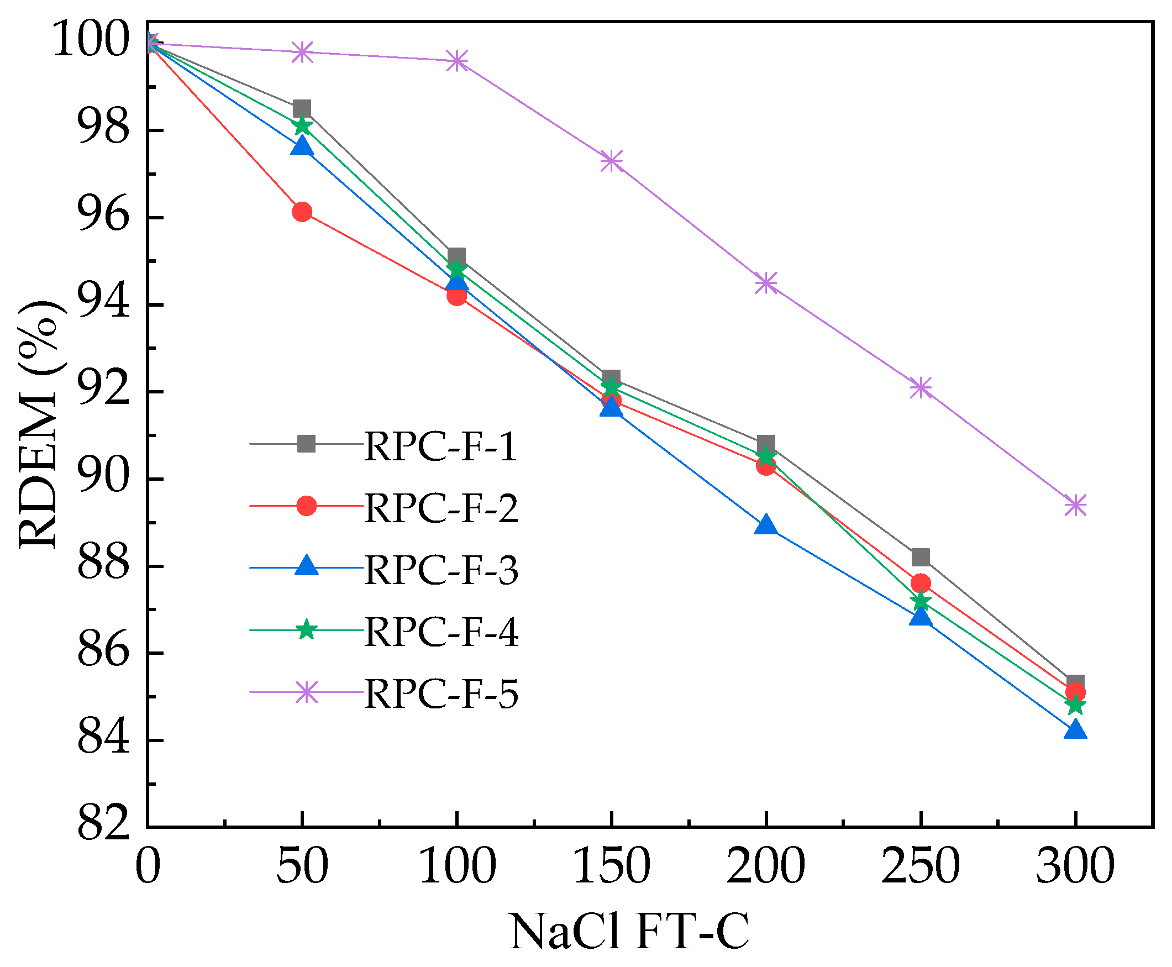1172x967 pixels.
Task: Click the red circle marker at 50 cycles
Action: pyautogui.click(x=301, y=212)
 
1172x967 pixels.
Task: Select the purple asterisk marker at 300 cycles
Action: pyautogui.click(x=1075, y=506)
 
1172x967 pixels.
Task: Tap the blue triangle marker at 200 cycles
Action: pyautogui.click(x=766, y=525)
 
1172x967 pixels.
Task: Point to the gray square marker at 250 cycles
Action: pyautogui.click(x=921, y=556)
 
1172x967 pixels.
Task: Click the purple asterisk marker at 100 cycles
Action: pyautogui.click(x=456, y=61)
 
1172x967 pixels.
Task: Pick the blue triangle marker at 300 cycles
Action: pyautogui.click(x=1075, y=730)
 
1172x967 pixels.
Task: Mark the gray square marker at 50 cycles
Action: pyautogui.click(x=301, y=109)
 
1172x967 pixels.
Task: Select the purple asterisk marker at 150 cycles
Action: pyautogui.click(x=611, y=161)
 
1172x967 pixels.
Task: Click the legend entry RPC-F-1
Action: pyautogui.click(x=440, y=446)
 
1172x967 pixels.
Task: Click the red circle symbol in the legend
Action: pyautogui.click(x=306, y=506)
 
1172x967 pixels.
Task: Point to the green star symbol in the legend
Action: pyautogui.click(x=306, y=630)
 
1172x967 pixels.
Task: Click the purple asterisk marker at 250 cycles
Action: pyautogui.click(x=921, y=387)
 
